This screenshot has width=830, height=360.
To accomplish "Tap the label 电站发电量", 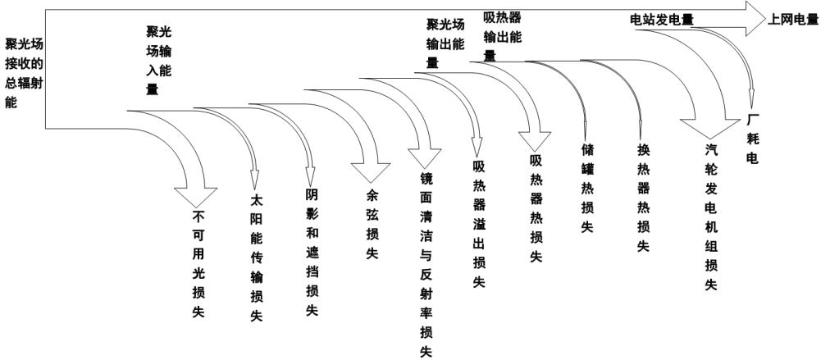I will [661, 17].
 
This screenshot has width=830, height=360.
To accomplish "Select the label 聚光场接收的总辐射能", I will [24, 73].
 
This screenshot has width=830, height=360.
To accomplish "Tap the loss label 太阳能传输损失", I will [256, 257].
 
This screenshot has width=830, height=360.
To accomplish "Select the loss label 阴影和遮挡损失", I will [311, 252].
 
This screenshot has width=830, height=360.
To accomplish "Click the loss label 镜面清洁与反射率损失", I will [426, 265].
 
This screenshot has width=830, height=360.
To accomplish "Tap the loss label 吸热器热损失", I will [536, 207].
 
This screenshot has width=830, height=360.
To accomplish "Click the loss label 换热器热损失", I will [643, 198].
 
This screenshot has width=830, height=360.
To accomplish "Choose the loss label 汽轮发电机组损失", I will [710, 217].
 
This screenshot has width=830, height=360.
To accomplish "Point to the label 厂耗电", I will [752, 136].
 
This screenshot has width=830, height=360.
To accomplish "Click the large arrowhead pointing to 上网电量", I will [755, 18].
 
